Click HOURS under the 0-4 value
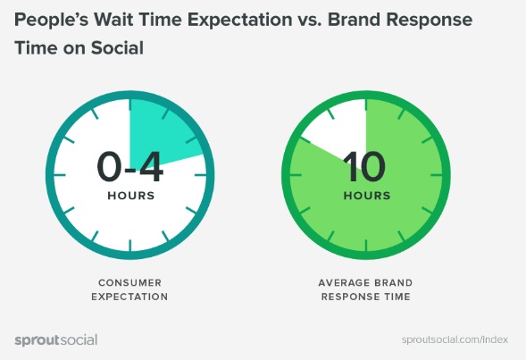pyautogui.click(x=130, y=195)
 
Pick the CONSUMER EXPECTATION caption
pyautogui.click(x=131, y=289)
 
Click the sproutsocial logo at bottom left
pyautogui.click(x=56, y=339)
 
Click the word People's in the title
pyautogui.click(x=54, y=19)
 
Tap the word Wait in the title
pyautogui.click(x=121, y=19)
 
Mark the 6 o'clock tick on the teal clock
pyautogui.click(x=131, y=240)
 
